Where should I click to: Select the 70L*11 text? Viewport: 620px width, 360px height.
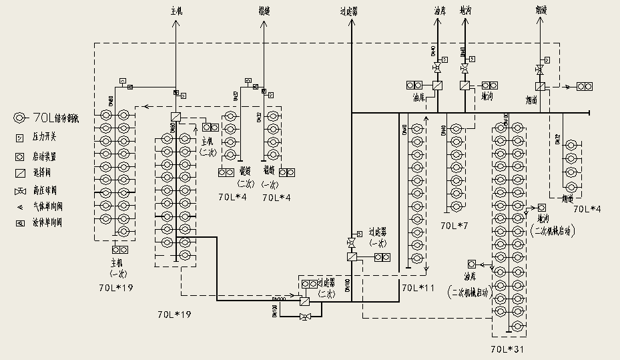click(x=417, y=287)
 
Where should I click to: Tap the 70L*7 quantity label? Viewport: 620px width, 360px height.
click(x=454, y=226)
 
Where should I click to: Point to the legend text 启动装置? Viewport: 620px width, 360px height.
click(x=46, y=156)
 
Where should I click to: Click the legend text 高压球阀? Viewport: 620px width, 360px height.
click(x=46, y=190)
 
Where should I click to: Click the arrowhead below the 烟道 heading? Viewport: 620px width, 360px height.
click(x=539, y=23)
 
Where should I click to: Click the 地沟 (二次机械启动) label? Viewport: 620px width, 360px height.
click(x=553, y=224)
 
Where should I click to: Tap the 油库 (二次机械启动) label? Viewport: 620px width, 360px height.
click(x=475, y=284)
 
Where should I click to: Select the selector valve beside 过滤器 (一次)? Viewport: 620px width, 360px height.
click(x=352, y=256)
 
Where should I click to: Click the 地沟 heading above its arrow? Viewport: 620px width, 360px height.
click(x=464, y=11)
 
